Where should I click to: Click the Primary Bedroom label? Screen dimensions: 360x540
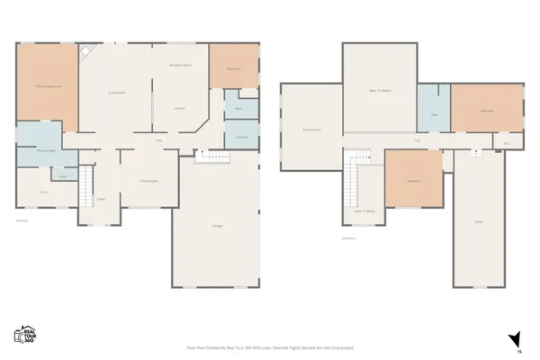tap(48, 85)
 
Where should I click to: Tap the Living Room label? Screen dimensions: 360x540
tap(115, 92)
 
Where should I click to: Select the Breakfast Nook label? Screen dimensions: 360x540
tap(180, 67)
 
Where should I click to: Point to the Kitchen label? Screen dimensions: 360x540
tap(179, 109)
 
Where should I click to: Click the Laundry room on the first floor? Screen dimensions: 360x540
tap(241, 136)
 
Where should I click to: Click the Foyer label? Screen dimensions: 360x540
tap(102, 199)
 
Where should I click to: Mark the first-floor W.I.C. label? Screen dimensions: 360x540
tap(43, 192)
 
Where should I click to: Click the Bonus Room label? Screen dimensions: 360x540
tap(310, 130)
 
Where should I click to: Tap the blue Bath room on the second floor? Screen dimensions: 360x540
tap(434, 114)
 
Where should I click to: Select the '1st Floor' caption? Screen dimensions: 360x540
tap(22, 220)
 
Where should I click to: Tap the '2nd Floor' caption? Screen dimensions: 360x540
tap(347, 238)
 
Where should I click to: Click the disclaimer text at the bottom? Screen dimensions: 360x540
tap(269, 346)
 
